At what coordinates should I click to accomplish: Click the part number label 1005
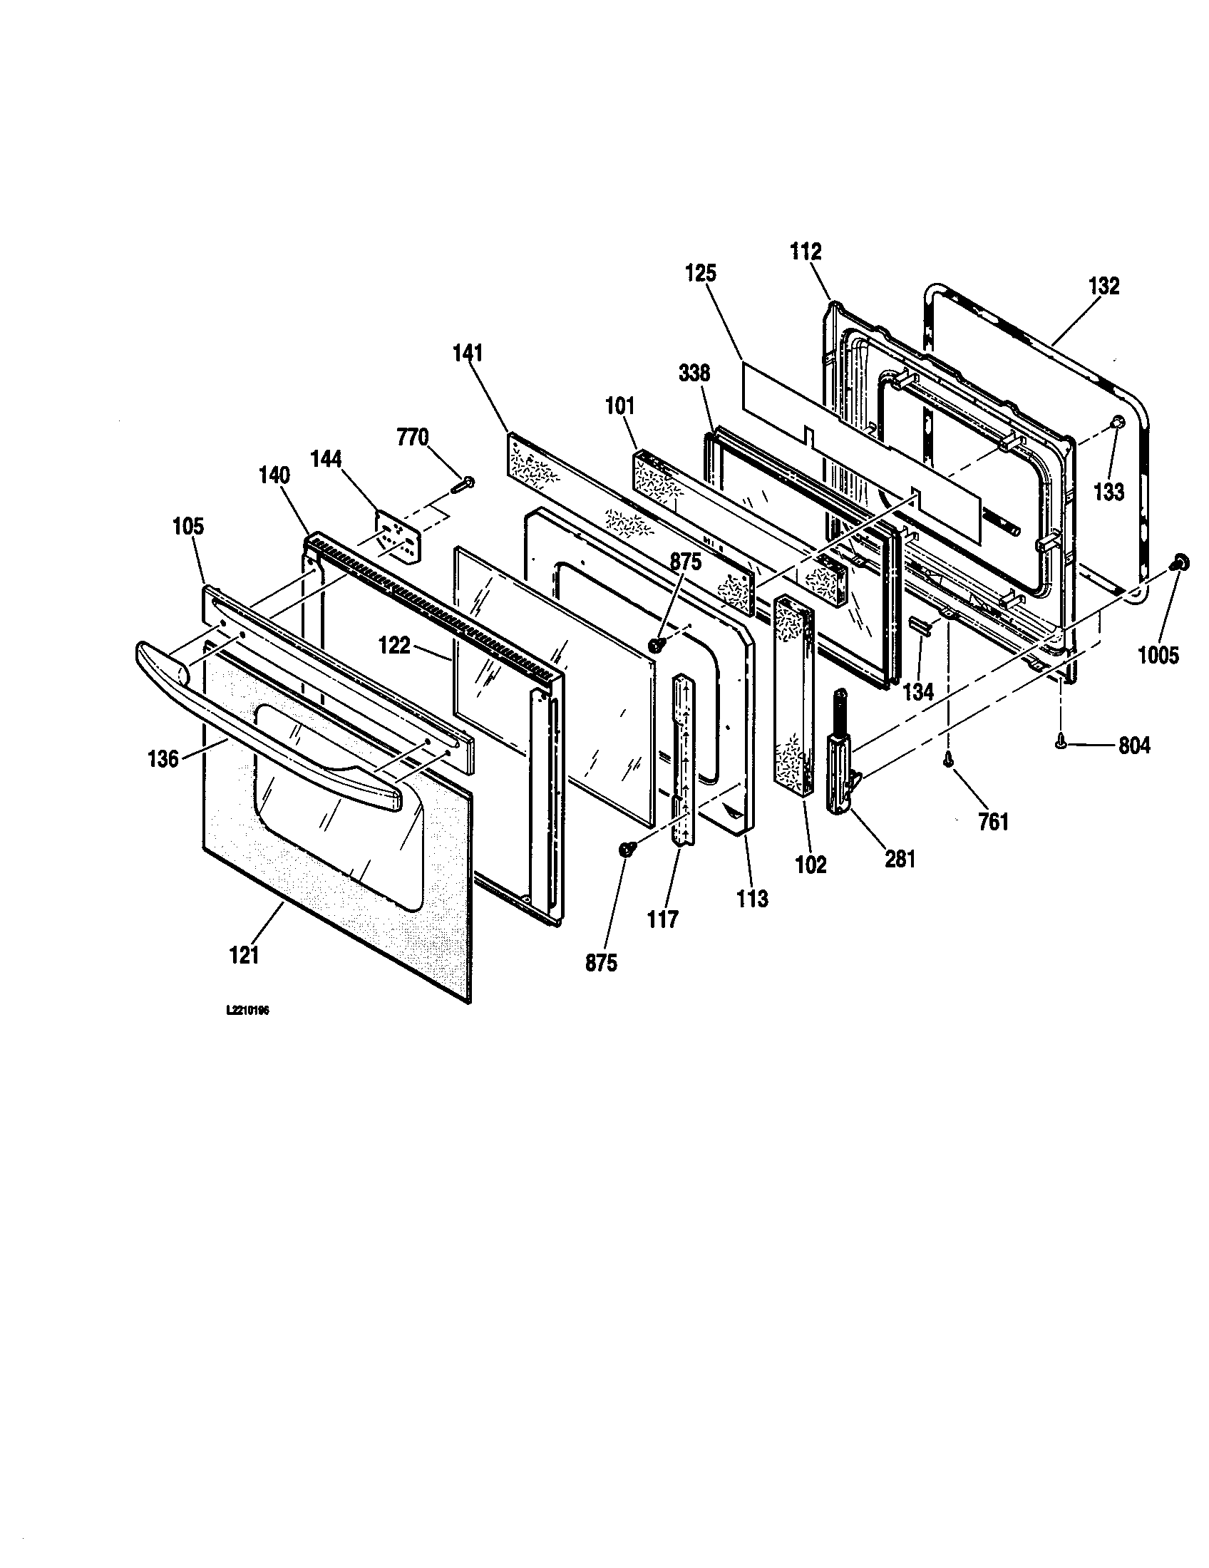1158,654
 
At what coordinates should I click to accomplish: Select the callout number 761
993,821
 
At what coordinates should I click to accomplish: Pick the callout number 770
413,436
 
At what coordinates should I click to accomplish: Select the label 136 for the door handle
163,758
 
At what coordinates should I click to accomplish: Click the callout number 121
244,956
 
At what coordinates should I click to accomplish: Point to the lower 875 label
601,963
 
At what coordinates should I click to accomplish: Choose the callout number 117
662,919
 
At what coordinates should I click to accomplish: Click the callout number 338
694,373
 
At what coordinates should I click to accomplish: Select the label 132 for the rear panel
1103,286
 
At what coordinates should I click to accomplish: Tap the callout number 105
188,526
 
